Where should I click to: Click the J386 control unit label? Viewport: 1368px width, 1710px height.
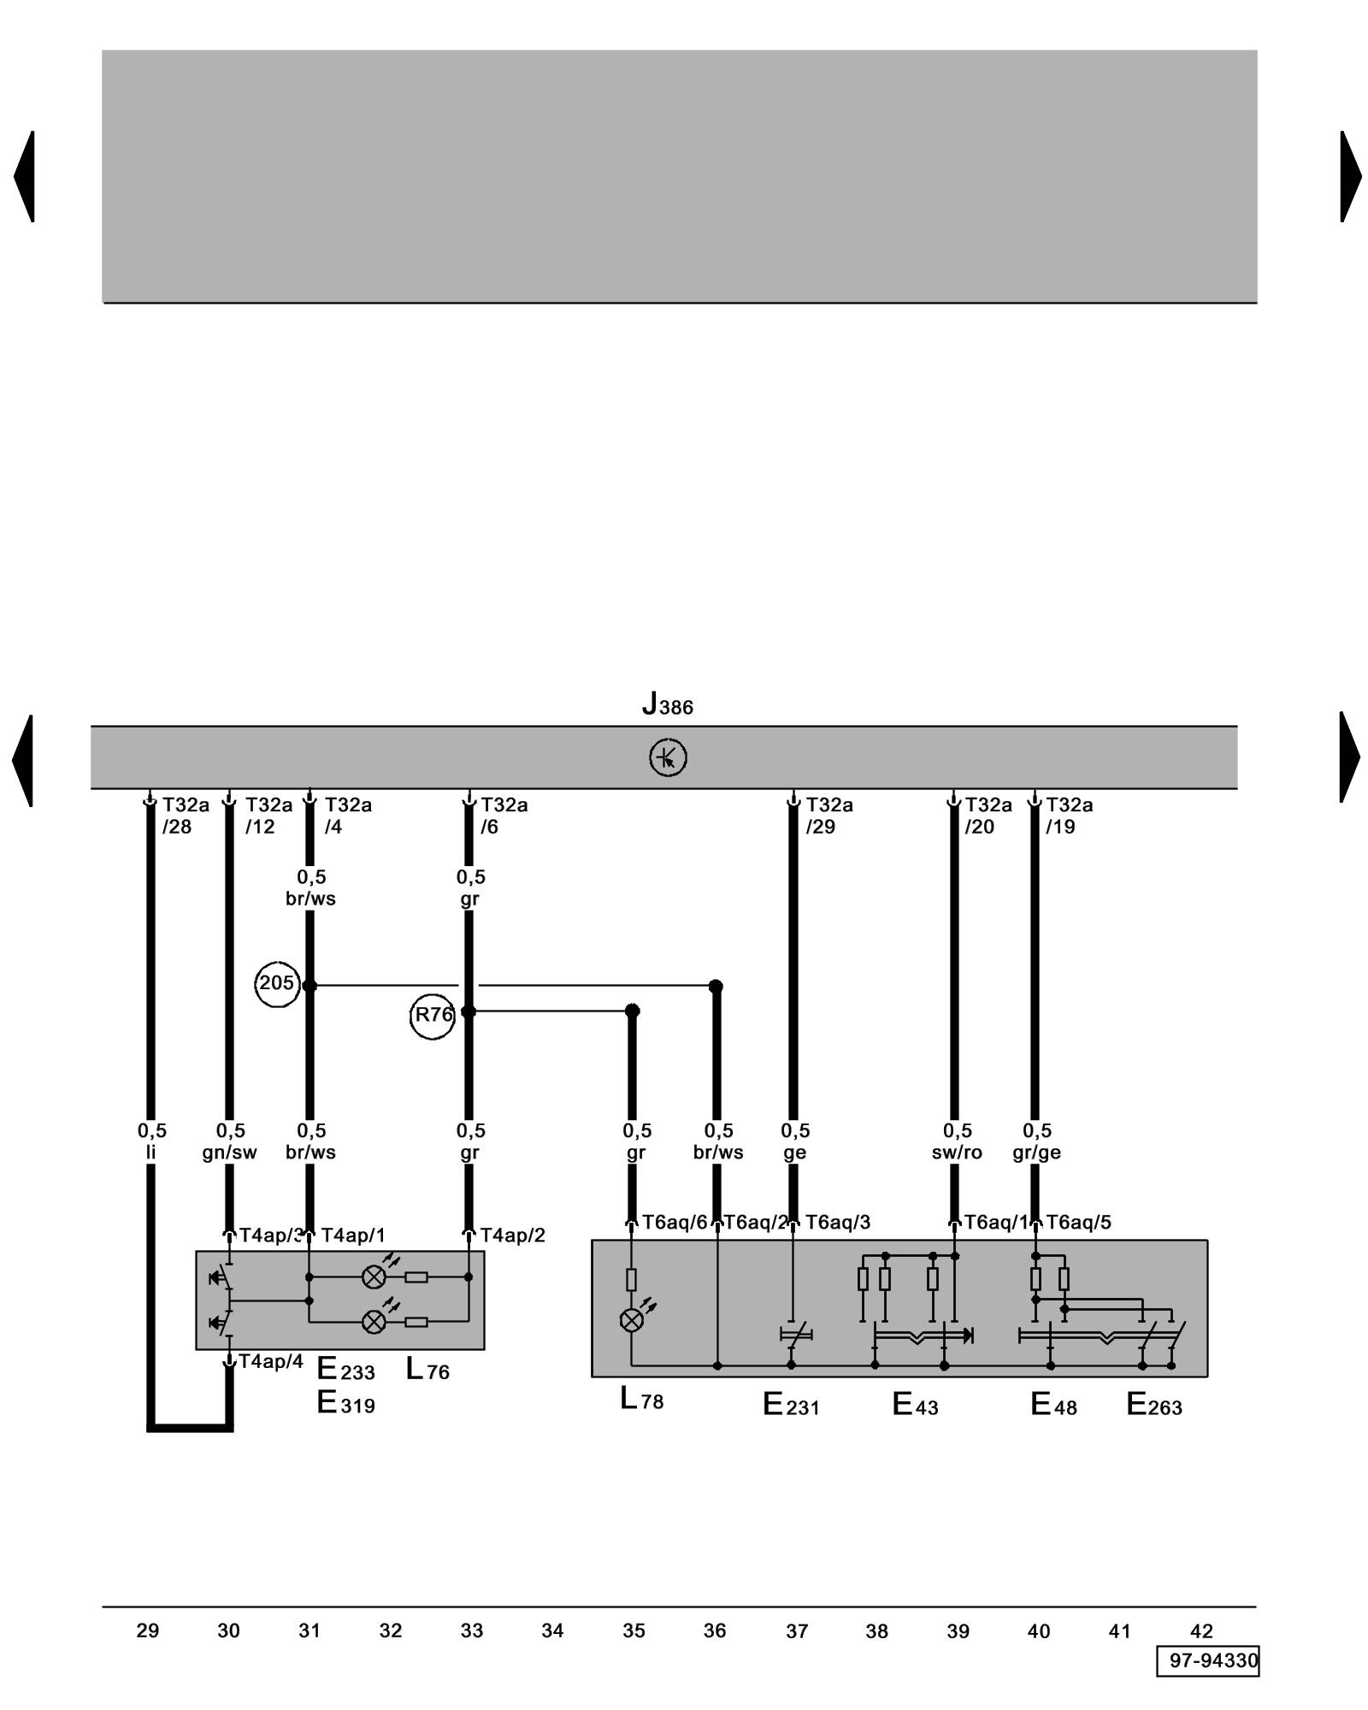click(667, 705)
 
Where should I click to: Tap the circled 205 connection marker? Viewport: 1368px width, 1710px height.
click(276, 984)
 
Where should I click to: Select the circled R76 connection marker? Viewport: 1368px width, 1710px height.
click(433, 1016)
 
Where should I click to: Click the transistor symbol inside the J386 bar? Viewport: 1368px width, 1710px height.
click(668, 758)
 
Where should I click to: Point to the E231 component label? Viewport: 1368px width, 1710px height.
click(791, 1404)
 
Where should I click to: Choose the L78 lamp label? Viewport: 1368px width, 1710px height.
click(641, 1400)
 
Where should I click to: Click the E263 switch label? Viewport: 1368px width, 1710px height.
click(1153, 1404)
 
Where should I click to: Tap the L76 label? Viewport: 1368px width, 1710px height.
click(427, 1369)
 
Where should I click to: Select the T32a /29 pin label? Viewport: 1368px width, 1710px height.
click(828, 816)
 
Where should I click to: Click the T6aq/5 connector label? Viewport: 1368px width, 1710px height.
click(1078, 1223)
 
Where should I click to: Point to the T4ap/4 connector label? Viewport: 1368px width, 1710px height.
click(270, 1361)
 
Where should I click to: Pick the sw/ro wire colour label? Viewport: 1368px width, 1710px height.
click(957, 1153)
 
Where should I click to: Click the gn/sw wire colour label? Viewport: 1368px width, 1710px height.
click(229, 1153)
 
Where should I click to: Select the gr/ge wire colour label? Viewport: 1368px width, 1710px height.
click(1036, 1153)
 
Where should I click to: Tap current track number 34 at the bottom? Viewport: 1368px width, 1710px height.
click(552, 1630)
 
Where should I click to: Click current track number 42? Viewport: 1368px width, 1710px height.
click(1201, 1630)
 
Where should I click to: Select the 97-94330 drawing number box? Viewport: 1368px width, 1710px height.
click(1208, 1660)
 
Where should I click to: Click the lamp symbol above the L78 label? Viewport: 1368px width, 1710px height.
click(631, 1321)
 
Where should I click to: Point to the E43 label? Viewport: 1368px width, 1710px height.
click(915, 1404)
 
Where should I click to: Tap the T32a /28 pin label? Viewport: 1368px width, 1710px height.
click(185, 816)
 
